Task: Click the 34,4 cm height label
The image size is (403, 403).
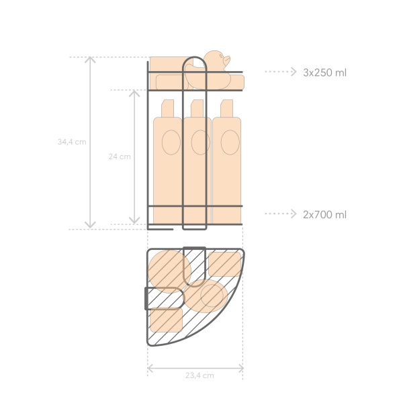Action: point(72,142)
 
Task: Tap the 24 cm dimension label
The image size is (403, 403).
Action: point(120,156)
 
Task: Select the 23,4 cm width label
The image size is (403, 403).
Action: point(199,375)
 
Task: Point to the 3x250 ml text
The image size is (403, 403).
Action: point(324,73)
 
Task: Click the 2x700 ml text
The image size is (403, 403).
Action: point(324,215)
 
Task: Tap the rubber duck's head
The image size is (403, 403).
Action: point(216,58)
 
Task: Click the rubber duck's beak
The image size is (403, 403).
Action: point(227,60)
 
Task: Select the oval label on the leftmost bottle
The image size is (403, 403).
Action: point(171,142)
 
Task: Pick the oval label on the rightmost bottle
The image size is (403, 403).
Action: point(230,142)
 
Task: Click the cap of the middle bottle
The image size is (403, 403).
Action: point(197,108)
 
